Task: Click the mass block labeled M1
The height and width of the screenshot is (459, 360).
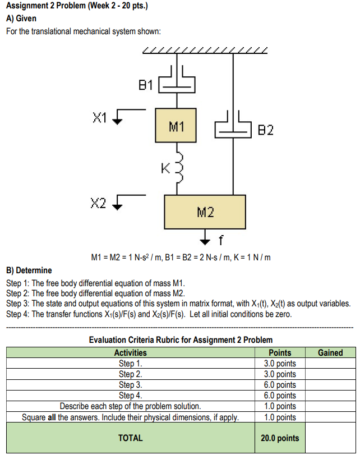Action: click(176, 126)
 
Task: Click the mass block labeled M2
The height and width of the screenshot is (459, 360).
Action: click(205, 212)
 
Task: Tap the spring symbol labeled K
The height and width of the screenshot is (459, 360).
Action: click(178, 167)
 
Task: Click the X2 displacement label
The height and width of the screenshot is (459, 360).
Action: click(99, 201)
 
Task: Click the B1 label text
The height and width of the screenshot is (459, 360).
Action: click(145, 85)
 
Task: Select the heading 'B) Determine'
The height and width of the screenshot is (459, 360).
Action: click(29, 270)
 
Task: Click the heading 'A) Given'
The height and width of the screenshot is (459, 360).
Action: click(21, 19)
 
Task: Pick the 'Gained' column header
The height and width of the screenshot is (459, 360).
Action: click(330, 353)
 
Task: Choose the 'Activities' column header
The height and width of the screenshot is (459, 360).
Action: click(130, 353)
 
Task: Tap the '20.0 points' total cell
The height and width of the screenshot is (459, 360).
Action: click(280, 438)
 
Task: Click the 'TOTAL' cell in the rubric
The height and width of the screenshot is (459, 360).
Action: click(130, 438)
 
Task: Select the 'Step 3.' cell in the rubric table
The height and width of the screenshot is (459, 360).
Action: click(130, 385)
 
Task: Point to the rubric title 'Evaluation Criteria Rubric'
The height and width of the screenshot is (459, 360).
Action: click(181, 339)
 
